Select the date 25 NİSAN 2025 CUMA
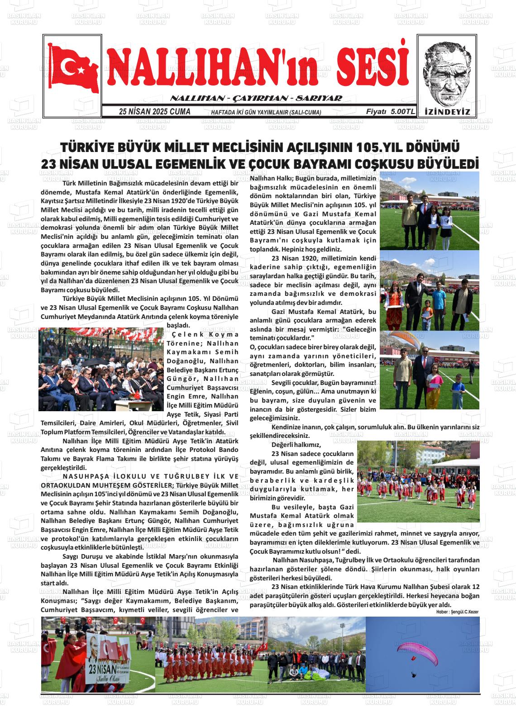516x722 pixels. [x=154, y=112]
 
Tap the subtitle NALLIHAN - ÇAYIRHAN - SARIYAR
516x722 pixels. [x=256, y=99]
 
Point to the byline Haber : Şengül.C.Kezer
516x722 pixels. [x=457, y=612]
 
